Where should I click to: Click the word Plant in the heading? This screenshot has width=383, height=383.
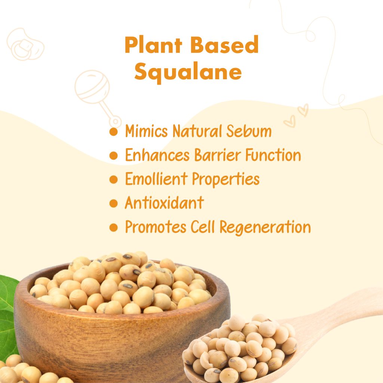coord(153,45)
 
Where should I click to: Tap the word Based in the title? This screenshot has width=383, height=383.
coord(224,45)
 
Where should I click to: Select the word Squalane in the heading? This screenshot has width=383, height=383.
coord(188,72)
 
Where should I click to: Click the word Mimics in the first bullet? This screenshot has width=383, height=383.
coord(146,131)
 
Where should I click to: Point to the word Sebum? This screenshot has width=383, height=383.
coord(249,131)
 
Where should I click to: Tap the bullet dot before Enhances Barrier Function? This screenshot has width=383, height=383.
coord(114,155)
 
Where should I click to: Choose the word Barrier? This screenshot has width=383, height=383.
coord(217,155)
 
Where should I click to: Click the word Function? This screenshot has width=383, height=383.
coord(273,155)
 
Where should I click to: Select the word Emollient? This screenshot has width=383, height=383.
coord(156,179)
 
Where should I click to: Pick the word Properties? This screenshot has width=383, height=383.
coord(226,180)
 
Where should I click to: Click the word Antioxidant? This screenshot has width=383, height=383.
coord(164,203)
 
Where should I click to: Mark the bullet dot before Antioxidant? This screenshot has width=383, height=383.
coord(114,203)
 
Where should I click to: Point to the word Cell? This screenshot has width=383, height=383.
coord(202,227)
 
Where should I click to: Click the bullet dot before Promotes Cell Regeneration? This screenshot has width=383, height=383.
coord(114,227)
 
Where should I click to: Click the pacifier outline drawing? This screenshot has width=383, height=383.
coord(25,45)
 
